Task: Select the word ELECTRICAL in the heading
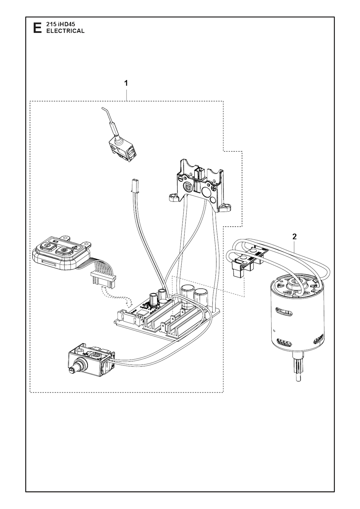[x=63, y=31]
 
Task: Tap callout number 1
[x=126, y=83]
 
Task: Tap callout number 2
[x=295, y=236]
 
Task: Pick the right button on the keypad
[x=64, y=251]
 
